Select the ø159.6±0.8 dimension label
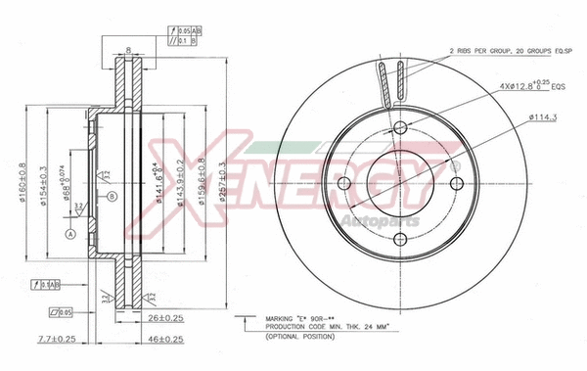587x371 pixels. tap(203, 183)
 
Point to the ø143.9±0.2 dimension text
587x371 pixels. tap(179, 183)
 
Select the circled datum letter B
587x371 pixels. tap(113, 197)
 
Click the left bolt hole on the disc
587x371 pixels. tap(343, 184)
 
